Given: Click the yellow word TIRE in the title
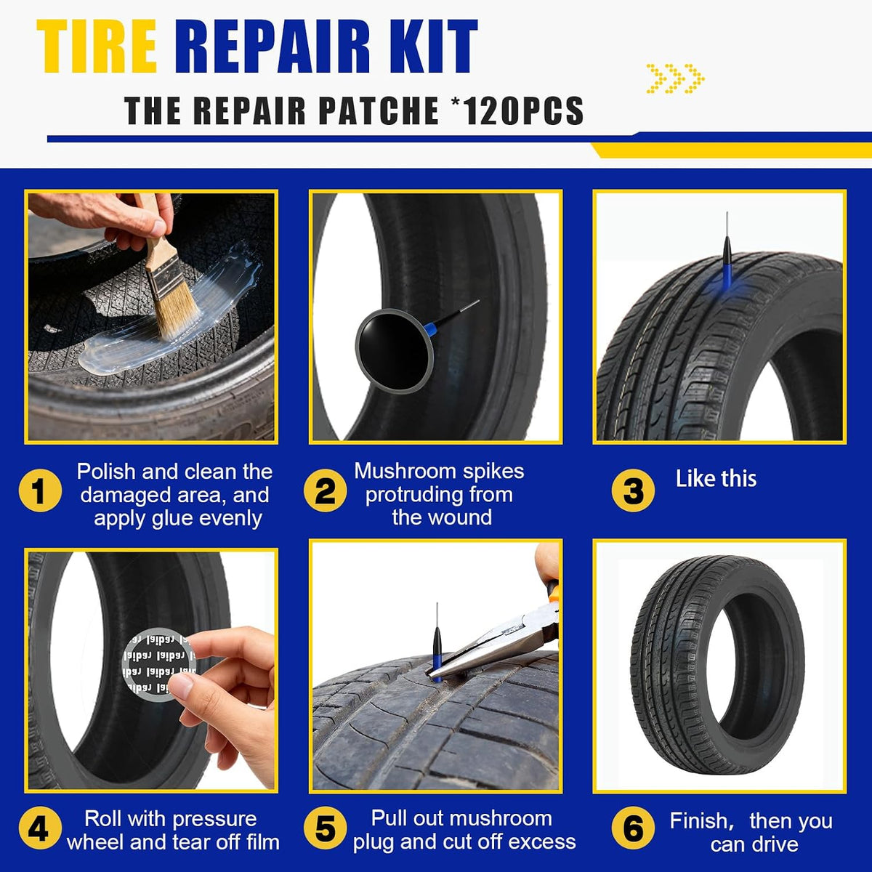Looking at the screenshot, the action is (x=97, y=47).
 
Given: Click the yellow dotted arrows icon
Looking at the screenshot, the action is (x=676, y=78).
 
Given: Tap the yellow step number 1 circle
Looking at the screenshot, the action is (x=40, y=491).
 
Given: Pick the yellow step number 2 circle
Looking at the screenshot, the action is (x=325, y=491).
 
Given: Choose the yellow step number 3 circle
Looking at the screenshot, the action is (x=633, y=491).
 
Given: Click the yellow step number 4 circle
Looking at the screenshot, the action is (x=40, y=829).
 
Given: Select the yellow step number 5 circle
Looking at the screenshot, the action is (x=325, y=829).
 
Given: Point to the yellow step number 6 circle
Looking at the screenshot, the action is (x=633, y=829).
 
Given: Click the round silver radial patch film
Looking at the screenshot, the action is (x=159, y=664).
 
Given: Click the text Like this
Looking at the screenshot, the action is (x=716, y=479).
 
